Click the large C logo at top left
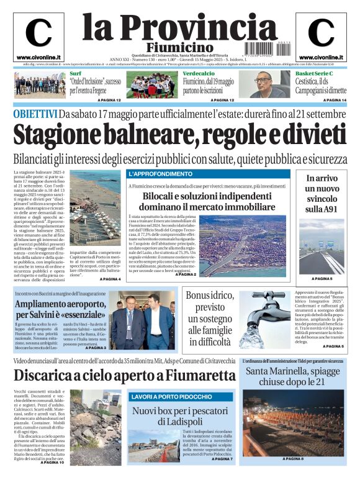(38, 34)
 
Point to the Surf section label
(74, 74)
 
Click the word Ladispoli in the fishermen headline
(181, 422)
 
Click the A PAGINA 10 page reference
(52, 463)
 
